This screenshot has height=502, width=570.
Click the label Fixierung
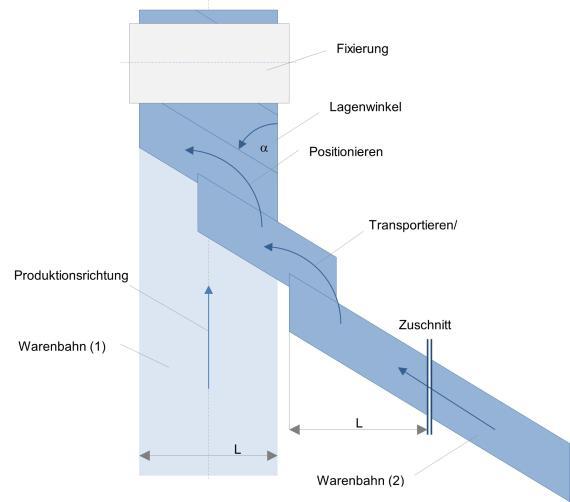362,49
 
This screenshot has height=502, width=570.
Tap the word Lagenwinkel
365,107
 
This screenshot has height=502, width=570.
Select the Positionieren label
346,152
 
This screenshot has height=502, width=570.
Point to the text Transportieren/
413,225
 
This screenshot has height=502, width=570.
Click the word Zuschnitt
425,325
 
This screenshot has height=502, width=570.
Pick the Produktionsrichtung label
71,275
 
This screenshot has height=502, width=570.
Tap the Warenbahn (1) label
62,346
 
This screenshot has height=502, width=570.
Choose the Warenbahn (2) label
361,480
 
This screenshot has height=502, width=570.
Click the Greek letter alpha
264,148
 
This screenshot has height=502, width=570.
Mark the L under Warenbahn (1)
237,450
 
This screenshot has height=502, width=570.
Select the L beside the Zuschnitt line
359,423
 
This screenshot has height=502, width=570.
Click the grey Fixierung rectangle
209,64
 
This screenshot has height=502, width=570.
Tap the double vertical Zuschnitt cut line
429,387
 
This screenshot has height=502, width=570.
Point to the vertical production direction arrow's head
208,290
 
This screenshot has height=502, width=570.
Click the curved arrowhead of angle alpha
242,144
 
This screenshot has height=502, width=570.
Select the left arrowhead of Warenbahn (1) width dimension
145,455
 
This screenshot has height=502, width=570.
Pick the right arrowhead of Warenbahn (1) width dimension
272,455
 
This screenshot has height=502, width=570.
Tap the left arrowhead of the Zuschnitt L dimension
294,430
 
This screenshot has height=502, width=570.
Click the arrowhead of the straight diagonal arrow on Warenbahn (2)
402,371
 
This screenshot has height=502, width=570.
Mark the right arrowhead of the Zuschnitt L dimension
422,430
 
